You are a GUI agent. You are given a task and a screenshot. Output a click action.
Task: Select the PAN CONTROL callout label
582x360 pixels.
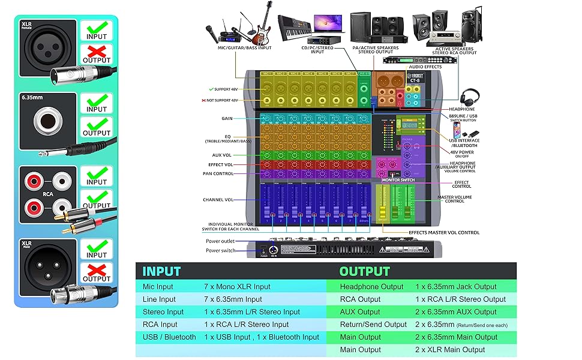click(218, 173)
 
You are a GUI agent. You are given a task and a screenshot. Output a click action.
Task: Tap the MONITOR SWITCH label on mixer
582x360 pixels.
click(398, 179)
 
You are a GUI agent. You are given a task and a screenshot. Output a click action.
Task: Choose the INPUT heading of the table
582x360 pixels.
click(161, 271)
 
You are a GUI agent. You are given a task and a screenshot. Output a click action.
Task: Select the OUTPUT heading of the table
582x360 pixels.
click(364, 271)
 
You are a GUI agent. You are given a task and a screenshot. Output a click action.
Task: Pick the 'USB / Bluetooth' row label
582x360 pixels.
click(169, 337)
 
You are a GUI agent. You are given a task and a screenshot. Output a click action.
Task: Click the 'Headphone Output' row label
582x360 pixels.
click(371, 287)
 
